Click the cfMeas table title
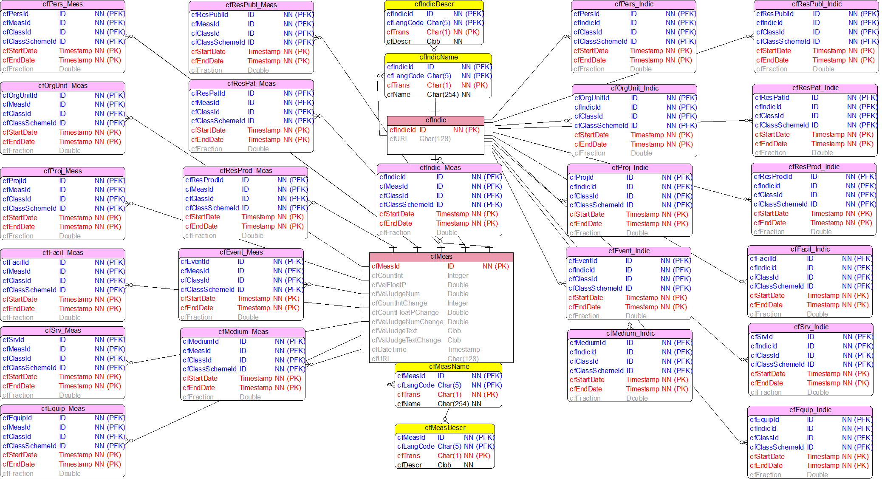click(x=441, y=257)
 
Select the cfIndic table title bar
click(x=435, y=120)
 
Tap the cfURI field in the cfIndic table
click(x=398, y=139)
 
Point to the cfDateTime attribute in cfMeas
click(x=389, y=350)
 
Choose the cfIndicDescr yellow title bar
click(x=434, y=4)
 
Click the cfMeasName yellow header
click(x=449, y=367)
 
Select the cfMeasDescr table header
click(x=445, y=428)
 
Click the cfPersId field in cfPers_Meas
click(x=15, y=14)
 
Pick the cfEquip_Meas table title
click(x=63, y=409)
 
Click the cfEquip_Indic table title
click(x=810, y=410)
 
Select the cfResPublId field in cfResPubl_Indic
click(x=775, y=14)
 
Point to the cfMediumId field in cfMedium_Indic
click(x=588, y=343)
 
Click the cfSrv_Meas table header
click(x=63, y=331)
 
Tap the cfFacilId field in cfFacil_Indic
click(x=763, y=259)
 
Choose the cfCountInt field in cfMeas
click(x=387, y=276)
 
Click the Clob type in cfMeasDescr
click(x=444, y=465)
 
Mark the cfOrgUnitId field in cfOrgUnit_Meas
click(x=20, y=95)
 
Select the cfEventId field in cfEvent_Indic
click(x=582, y=261)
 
